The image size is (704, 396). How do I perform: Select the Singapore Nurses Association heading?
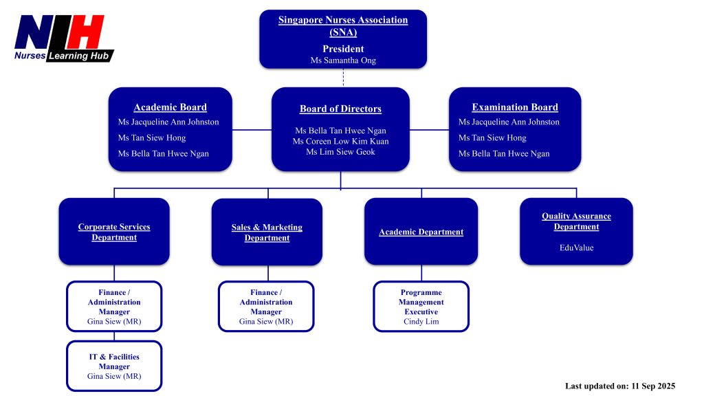[342, 25]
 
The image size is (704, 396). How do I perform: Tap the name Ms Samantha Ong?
[342, 60]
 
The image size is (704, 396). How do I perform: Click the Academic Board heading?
[170, 107]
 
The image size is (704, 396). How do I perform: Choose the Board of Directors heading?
[340, 109]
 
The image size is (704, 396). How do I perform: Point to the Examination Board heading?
[515, 107]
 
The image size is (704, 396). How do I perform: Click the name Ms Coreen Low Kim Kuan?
[340, 141]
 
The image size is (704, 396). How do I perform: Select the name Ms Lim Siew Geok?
[340, 152]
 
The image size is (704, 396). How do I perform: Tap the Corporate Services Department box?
[114, 232]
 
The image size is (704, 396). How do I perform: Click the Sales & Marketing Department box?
[267, 232]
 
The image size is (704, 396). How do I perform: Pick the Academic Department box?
[421, 232]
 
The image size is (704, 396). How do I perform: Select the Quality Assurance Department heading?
[576, 221]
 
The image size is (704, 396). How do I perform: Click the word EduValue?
[576, 247]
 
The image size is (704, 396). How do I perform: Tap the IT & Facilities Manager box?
[114, 366]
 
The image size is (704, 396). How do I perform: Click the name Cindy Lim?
[421, 322]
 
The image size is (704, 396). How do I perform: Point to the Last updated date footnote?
[620, 386]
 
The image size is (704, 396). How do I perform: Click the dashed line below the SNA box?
[342, 78]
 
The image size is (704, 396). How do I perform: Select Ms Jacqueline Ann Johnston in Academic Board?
[168, 122]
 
